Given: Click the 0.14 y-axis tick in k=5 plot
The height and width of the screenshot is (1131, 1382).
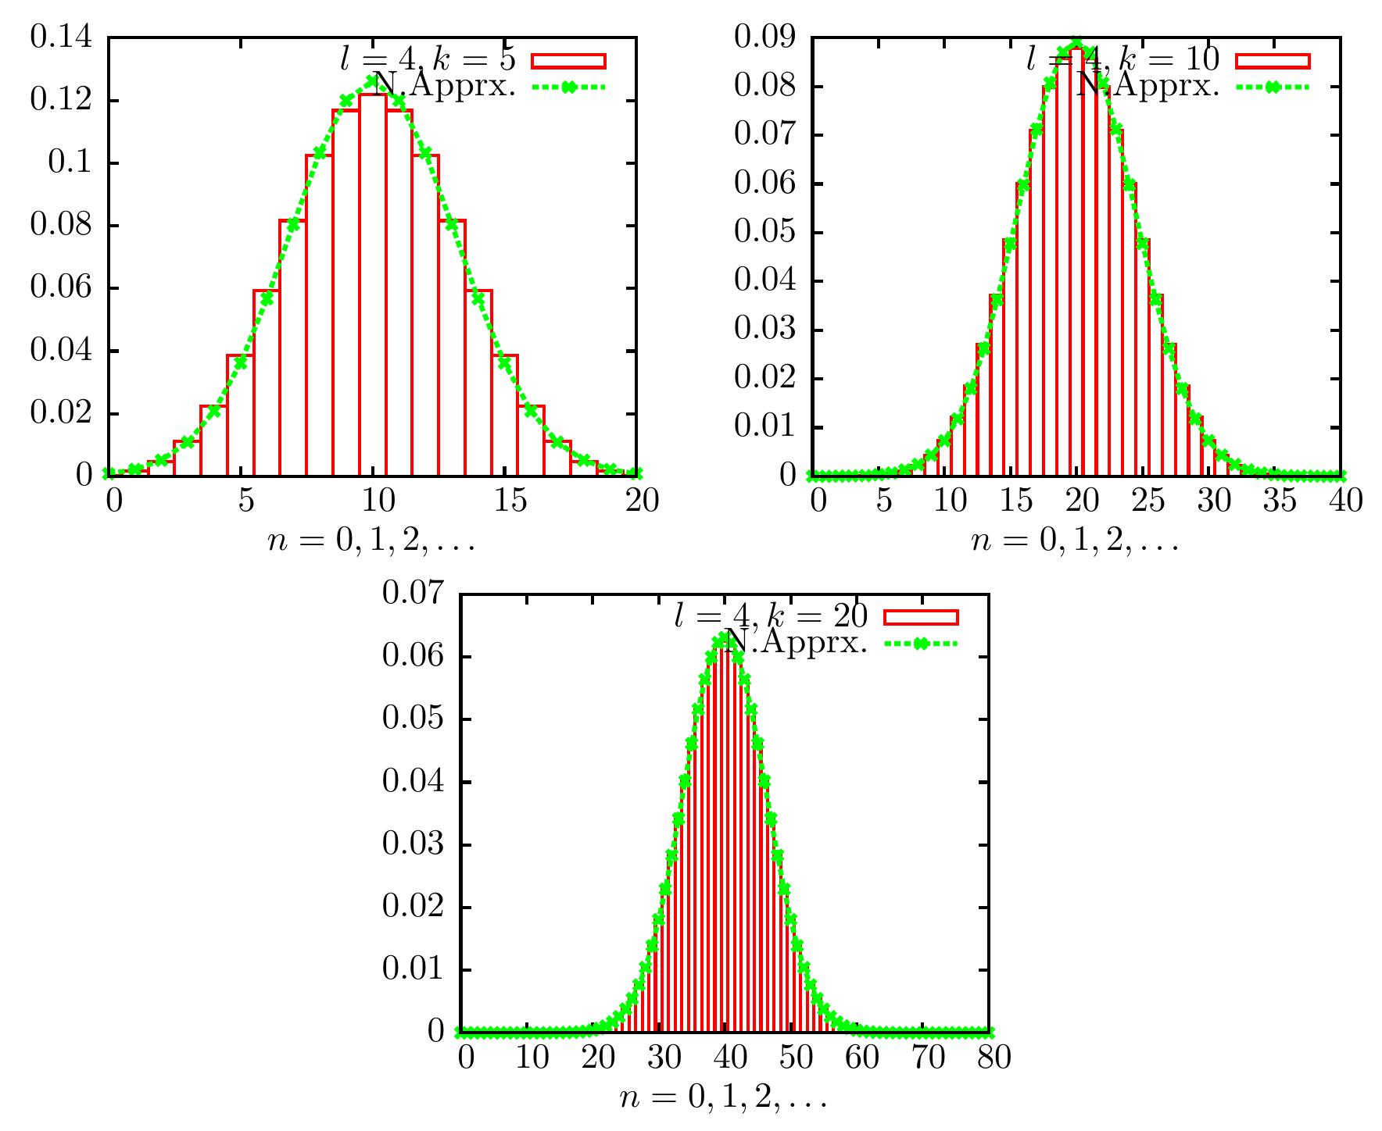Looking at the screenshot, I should click(x=60, y=37).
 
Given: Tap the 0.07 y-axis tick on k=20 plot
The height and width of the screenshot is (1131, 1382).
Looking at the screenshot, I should click(x=413, y=594).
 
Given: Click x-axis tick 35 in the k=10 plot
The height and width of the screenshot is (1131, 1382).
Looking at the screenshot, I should click(x=1279, y=500).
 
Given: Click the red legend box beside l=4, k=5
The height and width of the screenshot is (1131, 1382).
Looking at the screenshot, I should click(x=568, y=61).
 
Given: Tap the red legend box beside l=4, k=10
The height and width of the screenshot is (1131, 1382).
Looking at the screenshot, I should click(x=1272, y=61).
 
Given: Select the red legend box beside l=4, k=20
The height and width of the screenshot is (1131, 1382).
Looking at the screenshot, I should click(x=920, y=617).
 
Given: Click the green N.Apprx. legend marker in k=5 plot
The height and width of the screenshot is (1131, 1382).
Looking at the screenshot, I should click(x=568, y=87).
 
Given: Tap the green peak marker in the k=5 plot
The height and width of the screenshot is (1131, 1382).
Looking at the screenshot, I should click(x=373, y=78).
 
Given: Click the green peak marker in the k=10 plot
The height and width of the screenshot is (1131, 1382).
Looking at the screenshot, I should click(x=1076, y=43).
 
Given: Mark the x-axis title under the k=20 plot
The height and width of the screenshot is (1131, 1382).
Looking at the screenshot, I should click(x=724, y=1100).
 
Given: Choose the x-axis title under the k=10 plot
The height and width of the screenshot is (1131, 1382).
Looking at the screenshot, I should click(x=1075, y=542).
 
